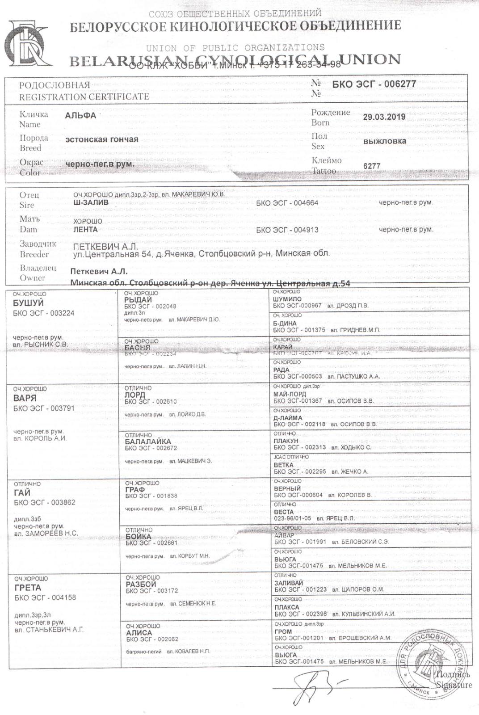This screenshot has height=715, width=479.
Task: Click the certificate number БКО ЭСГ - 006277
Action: pos(374,84)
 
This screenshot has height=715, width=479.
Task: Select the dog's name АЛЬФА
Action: pos(80,116)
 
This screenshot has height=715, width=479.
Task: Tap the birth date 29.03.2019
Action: pos(384,118)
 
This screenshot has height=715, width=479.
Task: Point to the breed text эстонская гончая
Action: pos(102,139)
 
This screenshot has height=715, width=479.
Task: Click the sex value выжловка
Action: pos(385,141)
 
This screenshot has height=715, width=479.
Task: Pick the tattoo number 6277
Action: pos(372,166)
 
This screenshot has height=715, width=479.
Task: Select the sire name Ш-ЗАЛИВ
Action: pos(91,203)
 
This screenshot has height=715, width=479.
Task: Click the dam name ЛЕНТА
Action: pos(85,230)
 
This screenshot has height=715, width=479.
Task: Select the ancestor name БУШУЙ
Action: pos(29,303)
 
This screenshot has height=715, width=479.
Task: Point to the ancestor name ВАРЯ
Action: pos(25,398)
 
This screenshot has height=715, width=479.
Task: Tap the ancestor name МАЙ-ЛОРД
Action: pos(290,394)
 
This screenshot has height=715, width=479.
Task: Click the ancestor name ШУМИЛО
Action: pos(287,299)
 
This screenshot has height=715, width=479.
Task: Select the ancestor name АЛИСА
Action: pos(139,633)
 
